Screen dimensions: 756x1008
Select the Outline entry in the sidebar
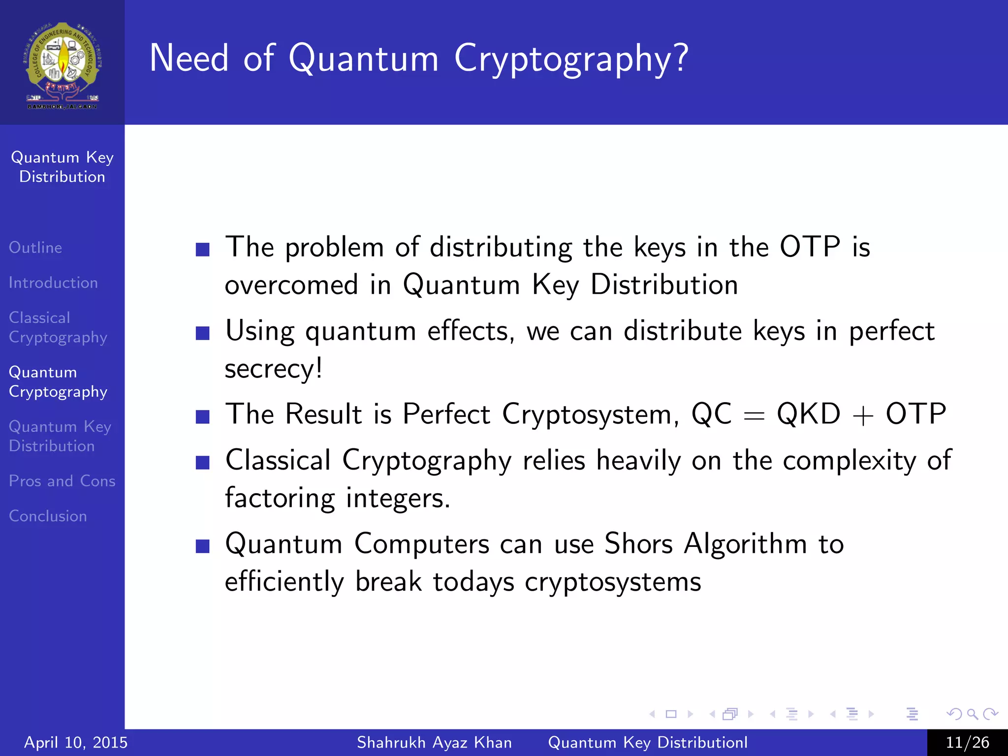(x=35, y=248)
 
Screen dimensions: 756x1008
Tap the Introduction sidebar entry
(x=53, y=283)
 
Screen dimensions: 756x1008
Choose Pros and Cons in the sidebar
(x=62, y=481)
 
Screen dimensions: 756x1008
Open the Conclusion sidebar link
(x=48, y=516)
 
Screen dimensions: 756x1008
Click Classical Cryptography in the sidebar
(x=58, y=328)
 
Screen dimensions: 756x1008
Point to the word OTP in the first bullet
(x=810, y=247)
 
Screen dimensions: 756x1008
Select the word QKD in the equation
(x=808, y=414)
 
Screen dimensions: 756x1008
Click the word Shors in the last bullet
(x=638, y=544)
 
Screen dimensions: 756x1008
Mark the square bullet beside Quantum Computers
(x=203, y=546)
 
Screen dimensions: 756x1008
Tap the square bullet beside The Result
(x=203, y=416)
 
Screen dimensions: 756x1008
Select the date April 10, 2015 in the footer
(x=76, y=742)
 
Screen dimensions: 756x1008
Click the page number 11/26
(x=967, y=742)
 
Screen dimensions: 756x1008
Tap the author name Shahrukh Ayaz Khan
(x=434, y=742)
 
